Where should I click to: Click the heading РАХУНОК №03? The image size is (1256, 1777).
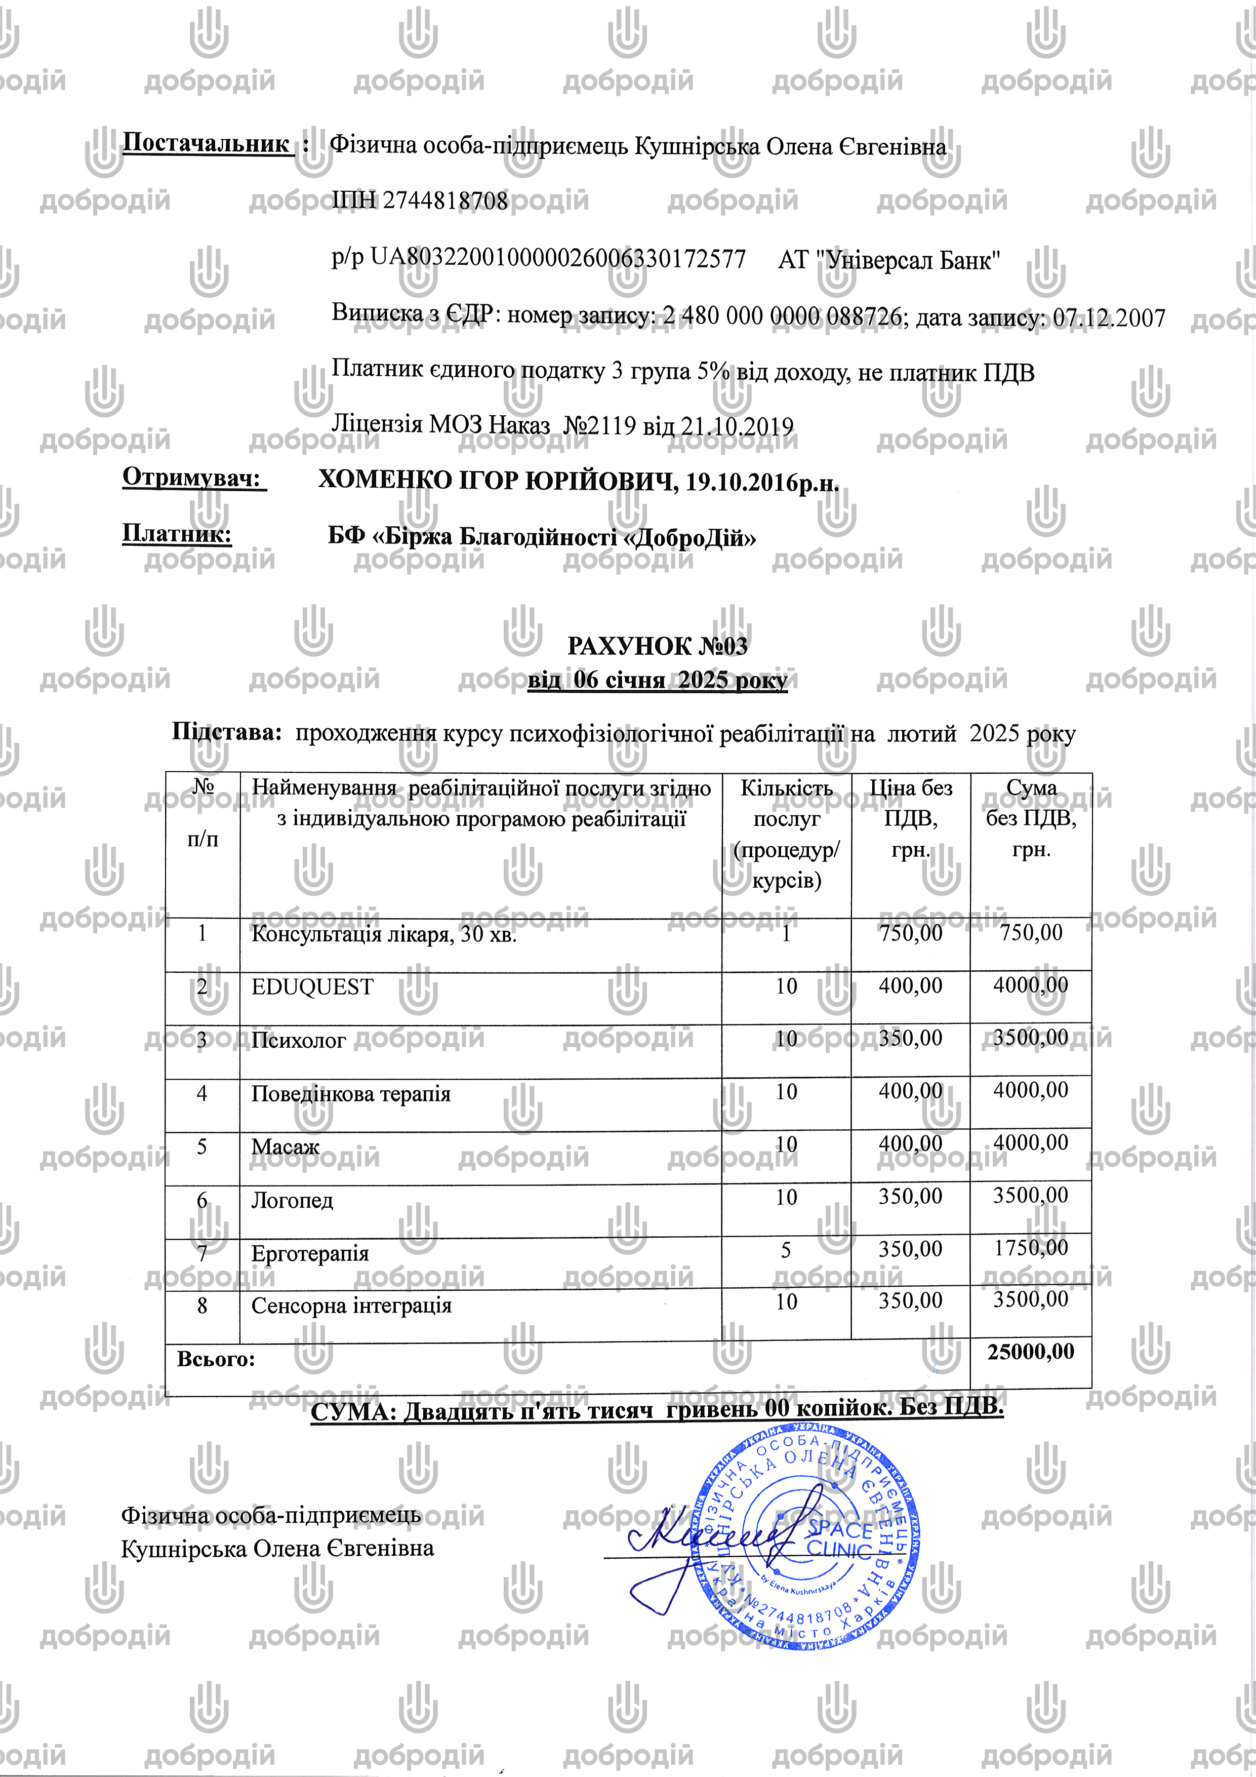pyautogui.click(x=657, y=646)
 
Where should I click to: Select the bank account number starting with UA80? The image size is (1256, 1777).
pyautogui.click(x=557, y=258)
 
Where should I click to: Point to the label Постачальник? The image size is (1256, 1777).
pyautogui.click(x=206, y=144)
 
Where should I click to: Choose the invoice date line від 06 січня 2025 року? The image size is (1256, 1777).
pyautogui.click(x=657, y=680)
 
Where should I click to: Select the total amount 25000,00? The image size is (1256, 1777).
pyautogui.click(x=1031, y=1352)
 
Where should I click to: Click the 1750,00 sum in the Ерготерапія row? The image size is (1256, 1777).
pyautogui.click(x=1031, y=1248)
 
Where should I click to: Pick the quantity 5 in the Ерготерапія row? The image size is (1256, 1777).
pyautogui.click(x=786, y=1250)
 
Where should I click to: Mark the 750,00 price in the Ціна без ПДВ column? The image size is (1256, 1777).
pyautogui.click(x=910, y=933)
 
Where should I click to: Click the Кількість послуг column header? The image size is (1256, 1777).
pyautogui.click(x=786, y=834)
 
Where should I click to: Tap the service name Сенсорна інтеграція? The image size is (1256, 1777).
pyautogui.click(x=351, y=1306)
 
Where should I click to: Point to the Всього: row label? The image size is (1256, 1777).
pyautogui.click(x=216, y=1359)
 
